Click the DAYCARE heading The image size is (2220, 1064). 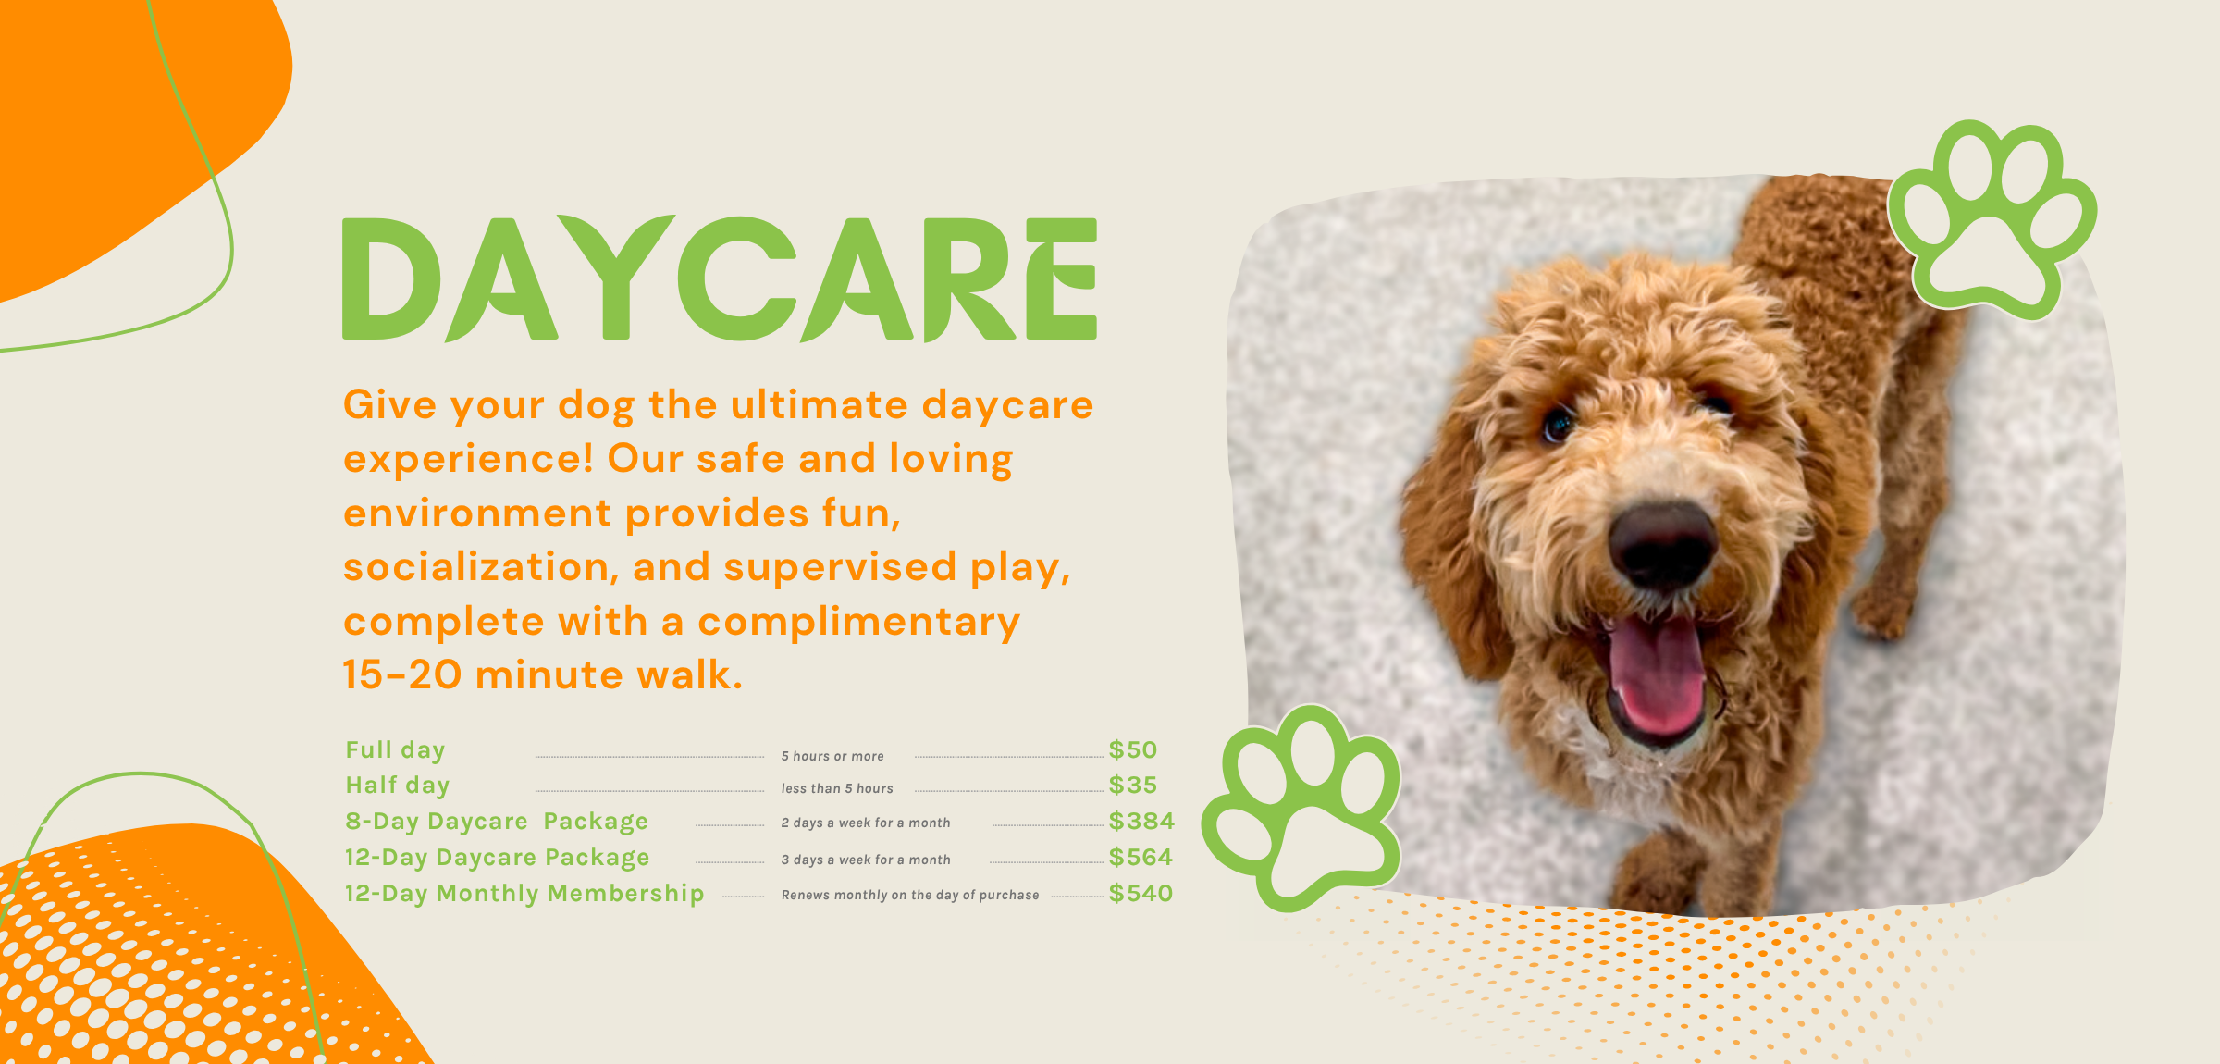coord(720,278)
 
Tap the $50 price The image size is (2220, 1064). coord(1133,750)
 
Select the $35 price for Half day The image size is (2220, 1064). coord(1133,786)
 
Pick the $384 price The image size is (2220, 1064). coord(1141,822)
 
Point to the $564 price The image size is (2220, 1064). coord(1141,858)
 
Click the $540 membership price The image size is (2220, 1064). coord(1141,894)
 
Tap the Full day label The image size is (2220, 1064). coord(395,750)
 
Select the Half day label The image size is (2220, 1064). coord(398,786)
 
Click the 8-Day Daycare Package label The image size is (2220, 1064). coord(497,822)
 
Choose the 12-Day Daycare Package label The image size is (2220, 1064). coord(497,858)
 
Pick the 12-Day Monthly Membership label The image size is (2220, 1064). coord(524,894)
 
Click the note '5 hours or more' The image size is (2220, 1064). coord(832,757)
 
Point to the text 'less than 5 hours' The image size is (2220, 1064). coord(837,789)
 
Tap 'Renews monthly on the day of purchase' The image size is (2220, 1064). coord(910,896)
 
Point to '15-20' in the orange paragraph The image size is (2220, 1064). coord(402,675)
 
